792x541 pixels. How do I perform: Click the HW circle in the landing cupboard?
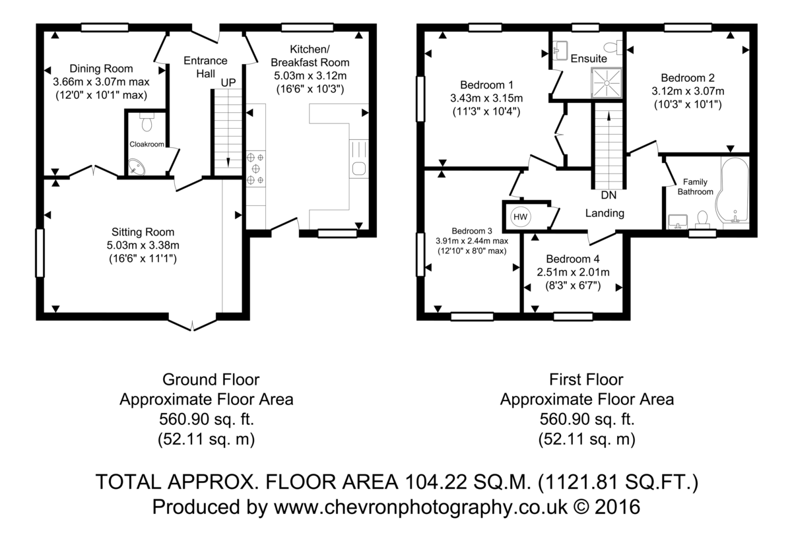[x=520, y=216]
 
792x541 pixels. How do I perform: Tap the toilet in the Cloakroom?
[x=147, y=121]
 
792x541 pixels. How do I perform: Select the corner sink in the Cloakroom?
[x=136, y=167]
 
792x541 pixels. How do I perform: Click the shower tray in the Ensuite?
[x=607, y=82]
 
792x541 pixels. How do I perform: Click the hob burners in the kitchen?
[x=255, y=168]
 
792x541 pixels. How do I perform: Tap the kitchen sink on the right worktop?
[x=359, y=168]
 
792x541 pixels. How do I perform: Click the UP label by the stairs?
[x=228, y=82]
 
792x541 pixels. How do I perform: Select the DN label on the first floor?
[x=609, y=195]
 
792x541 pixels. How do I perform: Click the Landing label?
[x=605, y=213]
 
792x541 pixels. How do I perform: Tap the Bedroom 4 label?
[x=573, y=259]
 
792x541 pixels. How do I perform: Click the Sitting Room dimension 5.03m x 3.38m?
[x=143, y=245]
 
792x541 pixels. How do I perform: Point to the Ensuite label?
[x=589, y=58]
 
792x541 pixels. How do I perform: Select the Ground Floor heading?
[x=211, y=380]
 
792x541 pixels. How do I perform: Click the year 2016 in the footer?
[x=617, y=507]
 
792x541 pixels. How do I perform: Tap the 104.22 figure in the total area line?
[x=436, y=482]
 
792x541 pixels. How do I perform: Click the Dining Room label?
[x=101, y=69]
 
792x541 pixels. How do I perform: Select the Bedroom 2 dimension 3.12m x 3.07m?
[x=688, y=91]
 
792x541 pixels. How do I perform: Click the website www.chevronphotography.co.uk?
[x=421, y=507]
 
